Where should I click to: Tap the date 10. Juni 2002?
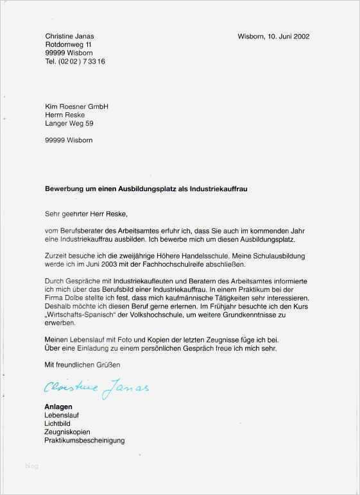[x=285, y=37]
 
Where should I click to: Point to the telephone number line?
[x=74, y=62]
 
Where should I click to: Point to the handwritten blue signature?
[x=96, y=387]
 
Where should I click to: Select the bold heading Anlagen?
[x=58, y=407]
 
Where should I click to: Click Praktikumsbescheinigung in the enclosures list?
[x=85, y=440]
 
